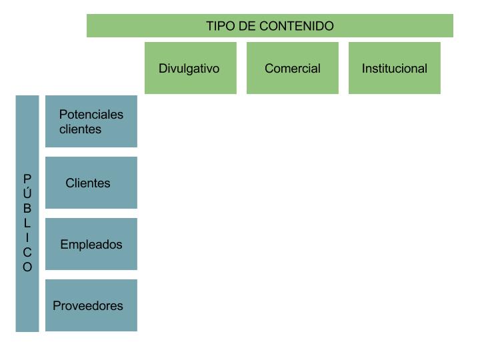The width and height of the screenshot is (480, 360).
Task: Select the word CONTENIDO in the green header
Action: tap(297, 26)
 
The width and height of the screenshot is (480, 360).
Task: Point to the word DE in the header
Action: tap(247, 26)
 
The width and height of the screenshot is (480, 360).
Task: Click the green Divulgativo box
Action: tap(191, 68)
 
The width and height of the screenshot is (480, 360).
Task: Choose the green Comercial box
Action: tap(293, 68)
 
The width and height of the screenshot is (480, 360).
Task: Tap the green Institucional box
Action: tap(394, 68)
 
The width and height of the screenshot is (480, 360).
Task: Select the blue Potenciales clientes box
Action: tap(91, 121)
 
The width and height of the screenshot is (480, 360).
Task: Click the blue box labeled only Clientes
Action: tap(91, 183)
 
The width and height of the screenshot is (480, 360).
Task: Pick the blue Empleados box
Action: tap(91, 244)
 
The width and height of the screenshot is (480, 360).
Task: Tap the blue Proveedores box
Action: tap(91, 305)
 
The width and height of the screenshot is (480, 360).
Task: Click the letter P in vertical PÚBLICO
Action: tap(27, 179)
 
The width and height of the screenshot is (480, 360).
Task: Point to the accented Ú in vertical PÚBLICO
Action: tap(27, 192)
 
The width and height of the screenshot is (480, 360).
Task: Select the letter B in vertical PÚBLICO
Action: tap(27, 208)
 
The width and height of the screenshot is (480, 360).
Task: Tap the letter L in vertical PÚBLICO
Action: tap(27, 223)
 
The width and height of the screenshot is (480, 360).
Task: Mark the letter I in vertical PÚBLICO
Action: tap(27, 238)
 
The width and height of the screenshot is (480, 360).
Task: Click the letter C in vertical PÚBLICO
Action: tap(27, 253)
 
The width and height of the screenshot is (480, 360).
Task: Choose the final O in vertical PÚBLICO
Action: tap(27, 267)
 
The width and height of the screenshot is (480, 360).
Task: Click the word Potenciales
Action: tap(91, 115)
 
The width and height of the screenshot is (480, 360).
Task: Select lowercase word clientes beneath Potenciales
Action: tap(80, 129)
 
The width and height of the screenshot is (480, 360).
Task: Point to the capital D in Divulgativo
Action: tap(163, 68)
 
